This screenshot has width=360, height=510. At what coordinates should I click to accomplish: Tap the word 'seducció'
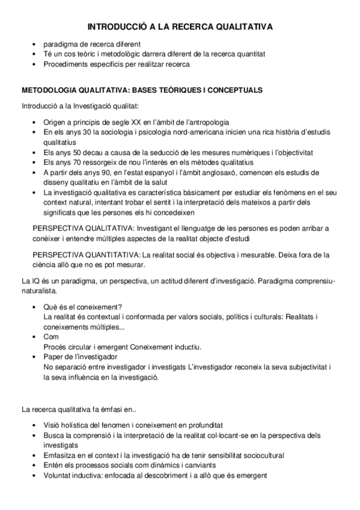[x=157, y=153]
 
